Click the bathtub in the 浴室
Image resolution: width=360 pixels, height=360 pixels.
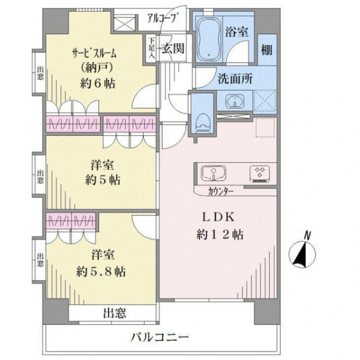(209, 39)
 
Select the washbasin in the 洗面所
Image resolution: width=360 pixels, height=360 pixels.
(235, 101)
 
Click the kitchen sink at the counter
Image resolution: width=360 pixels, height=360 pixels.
(213, 173)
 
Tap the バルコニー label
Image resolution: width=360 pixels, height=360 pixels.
(160, 337)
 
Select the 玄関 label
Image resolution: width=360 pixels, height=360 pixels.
(173, 49)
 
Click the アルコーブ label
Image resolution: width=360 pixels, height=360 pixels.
(163, 18)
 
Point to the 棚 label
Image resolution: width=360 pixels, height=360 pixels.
(267, 50)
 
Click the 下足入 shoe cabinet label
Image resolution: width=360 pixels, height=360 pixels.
(151, 48)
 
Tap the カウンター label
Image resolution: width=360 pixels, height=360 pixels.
(221, 191)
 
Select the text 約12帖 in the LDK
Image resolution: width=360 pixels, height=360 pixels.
(220, 235)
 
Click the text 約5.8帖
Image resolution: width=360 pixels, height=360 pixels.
(101, 272)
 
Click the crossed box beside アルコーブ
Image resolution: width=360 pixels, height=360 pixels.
(124, 23)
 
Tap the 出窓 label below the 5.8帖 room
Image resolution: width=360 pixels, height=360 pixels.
(115, 313)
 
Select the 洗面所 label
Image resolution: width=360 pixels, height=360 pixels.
(235, 79)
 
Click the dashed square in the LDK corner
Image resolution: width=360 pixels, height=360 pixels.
(265, 127)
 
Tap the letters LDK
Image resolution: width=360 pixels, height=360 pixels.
(218, 217)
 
